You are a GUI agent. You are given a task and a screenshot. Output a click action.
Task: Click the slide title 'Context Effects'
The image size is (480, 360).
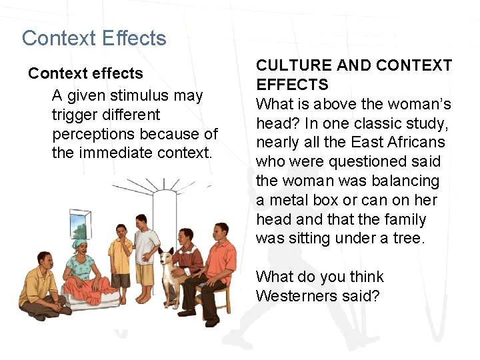(94, 38)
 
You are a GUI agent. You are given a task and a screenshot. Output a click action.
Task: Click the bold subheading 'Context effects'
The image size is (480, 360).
(85, 73)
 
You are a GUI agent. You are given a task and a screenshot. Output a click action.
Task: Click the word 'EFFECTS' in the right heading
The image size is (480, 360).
(292, 85)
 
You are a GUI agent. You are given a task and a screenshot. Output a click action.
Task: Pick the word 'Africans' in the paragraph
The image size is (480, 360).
(417, 143)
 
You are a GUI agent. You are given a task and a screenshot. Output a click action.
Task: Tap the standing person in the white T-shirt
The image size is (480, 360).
(146, 247)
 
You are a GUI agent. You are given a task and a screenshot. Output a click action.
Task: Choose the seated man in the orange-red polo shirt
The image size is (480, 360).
(217, 267)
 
